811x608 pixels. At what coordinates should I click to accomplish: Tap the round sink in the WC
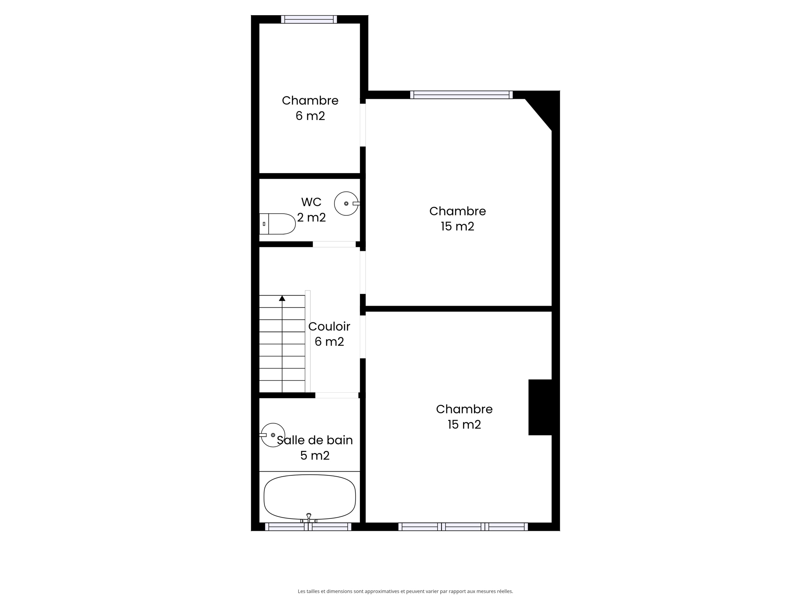346,204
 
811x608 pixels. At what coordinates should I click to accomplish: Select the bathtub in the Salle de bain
310,497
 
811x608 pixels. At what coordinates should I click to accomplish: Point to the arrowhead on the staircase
282,298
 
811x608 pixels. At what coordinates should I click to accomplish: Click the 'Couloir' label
329,326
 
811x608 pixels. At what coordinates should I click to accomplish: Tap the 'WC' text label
311,202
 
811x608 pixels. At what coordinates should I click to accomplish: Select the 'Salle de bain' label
315,440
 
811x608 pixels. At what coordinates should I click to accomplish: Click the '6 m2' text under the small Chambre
310,116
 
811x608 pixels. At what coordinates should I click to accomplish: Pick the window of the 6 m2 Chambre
309,19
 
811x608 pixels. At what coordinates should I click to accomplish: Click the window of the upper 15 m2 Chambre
461,95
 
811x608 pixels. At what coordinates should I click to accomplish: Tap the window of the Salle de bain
308,527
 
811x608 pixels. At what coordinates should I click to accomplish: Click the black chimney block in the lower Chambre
540,407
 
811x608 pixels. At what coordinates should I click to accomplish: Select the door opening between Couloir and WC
334,244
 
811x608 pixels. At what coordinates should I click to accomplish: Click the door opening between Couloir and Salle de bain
337,395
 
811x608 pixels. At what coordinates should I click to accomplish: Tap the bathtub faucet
309,518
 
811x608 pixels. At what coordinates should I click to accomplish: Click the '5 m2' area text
315,456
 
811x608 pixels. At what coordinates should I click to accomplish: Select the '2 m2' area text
311,217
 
